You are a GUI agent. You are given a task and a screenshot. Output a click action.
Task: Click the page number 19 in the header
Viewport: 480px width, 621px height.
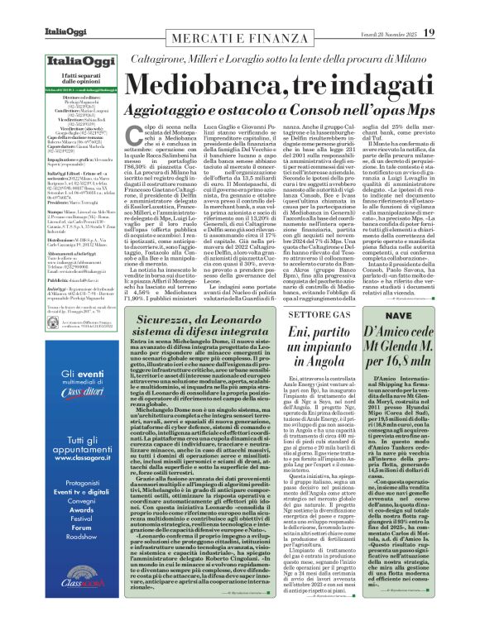point(452,11)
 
